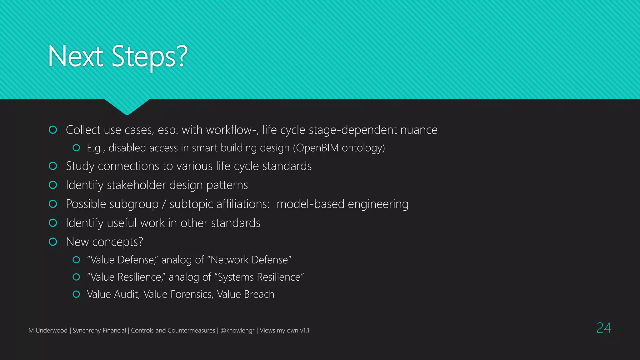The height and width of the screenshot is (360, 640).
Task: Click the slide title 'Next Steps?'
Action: tap(118, 57)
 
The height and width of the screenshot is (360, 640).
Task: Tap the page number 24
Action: tap(603, 328)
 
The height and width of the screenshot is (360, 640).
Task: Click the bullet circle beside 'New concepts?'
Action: tap(53, 242)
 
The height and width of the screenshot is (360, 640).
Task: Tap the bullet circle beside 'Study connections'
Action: tap(53, 166)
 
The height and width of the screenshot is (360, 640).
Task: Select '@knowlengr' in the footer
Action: tap(237, 331)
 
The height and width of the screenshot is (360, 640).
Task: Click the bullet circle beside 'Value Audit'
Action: tap(76, 294)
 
